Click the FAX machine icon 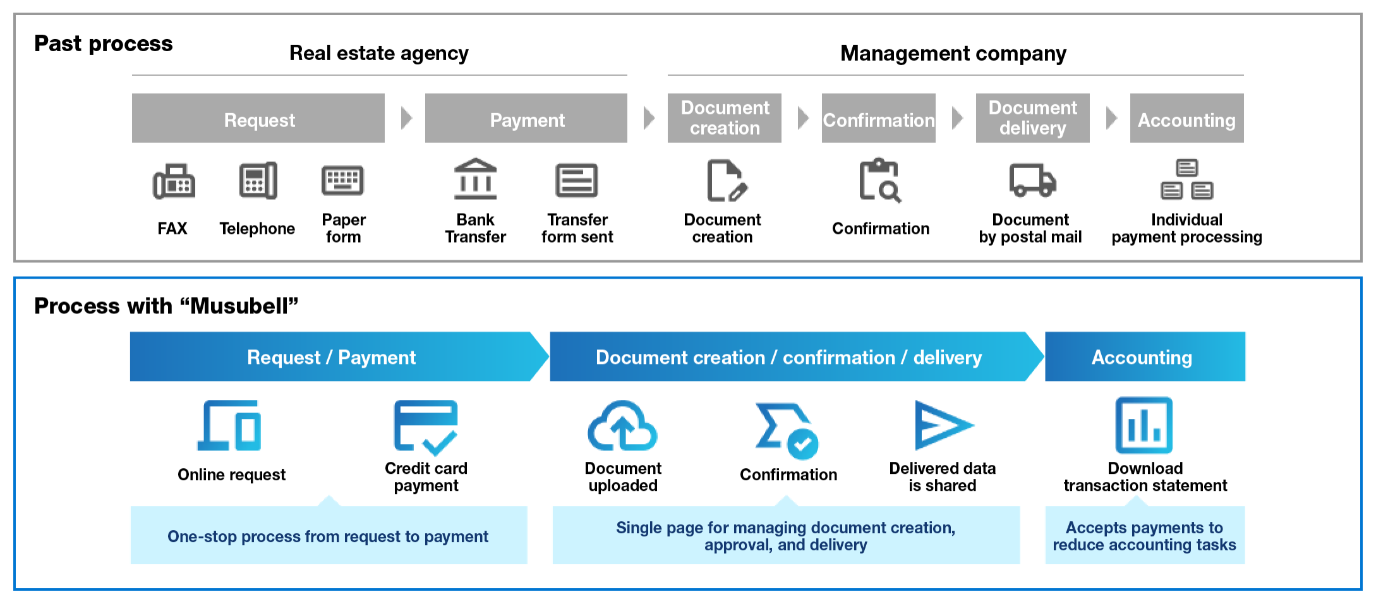174,181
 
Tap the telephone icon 258,181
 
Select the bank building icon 476,179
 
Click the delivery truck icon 1032,181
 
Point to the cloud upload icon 622,426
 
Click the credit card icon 425,428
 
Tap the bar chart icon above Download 1144,425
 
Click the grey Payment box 526,118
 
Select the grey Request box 258,118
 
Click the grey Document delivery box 1033,118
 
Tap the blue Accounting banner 1145,357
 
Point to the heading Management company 953,54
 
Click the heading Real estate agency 379,54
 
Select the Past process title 104,44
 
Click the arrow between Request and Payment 406,118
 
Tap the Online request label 232,474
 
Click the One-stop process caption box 329,535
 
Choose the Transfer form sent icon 577,181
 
